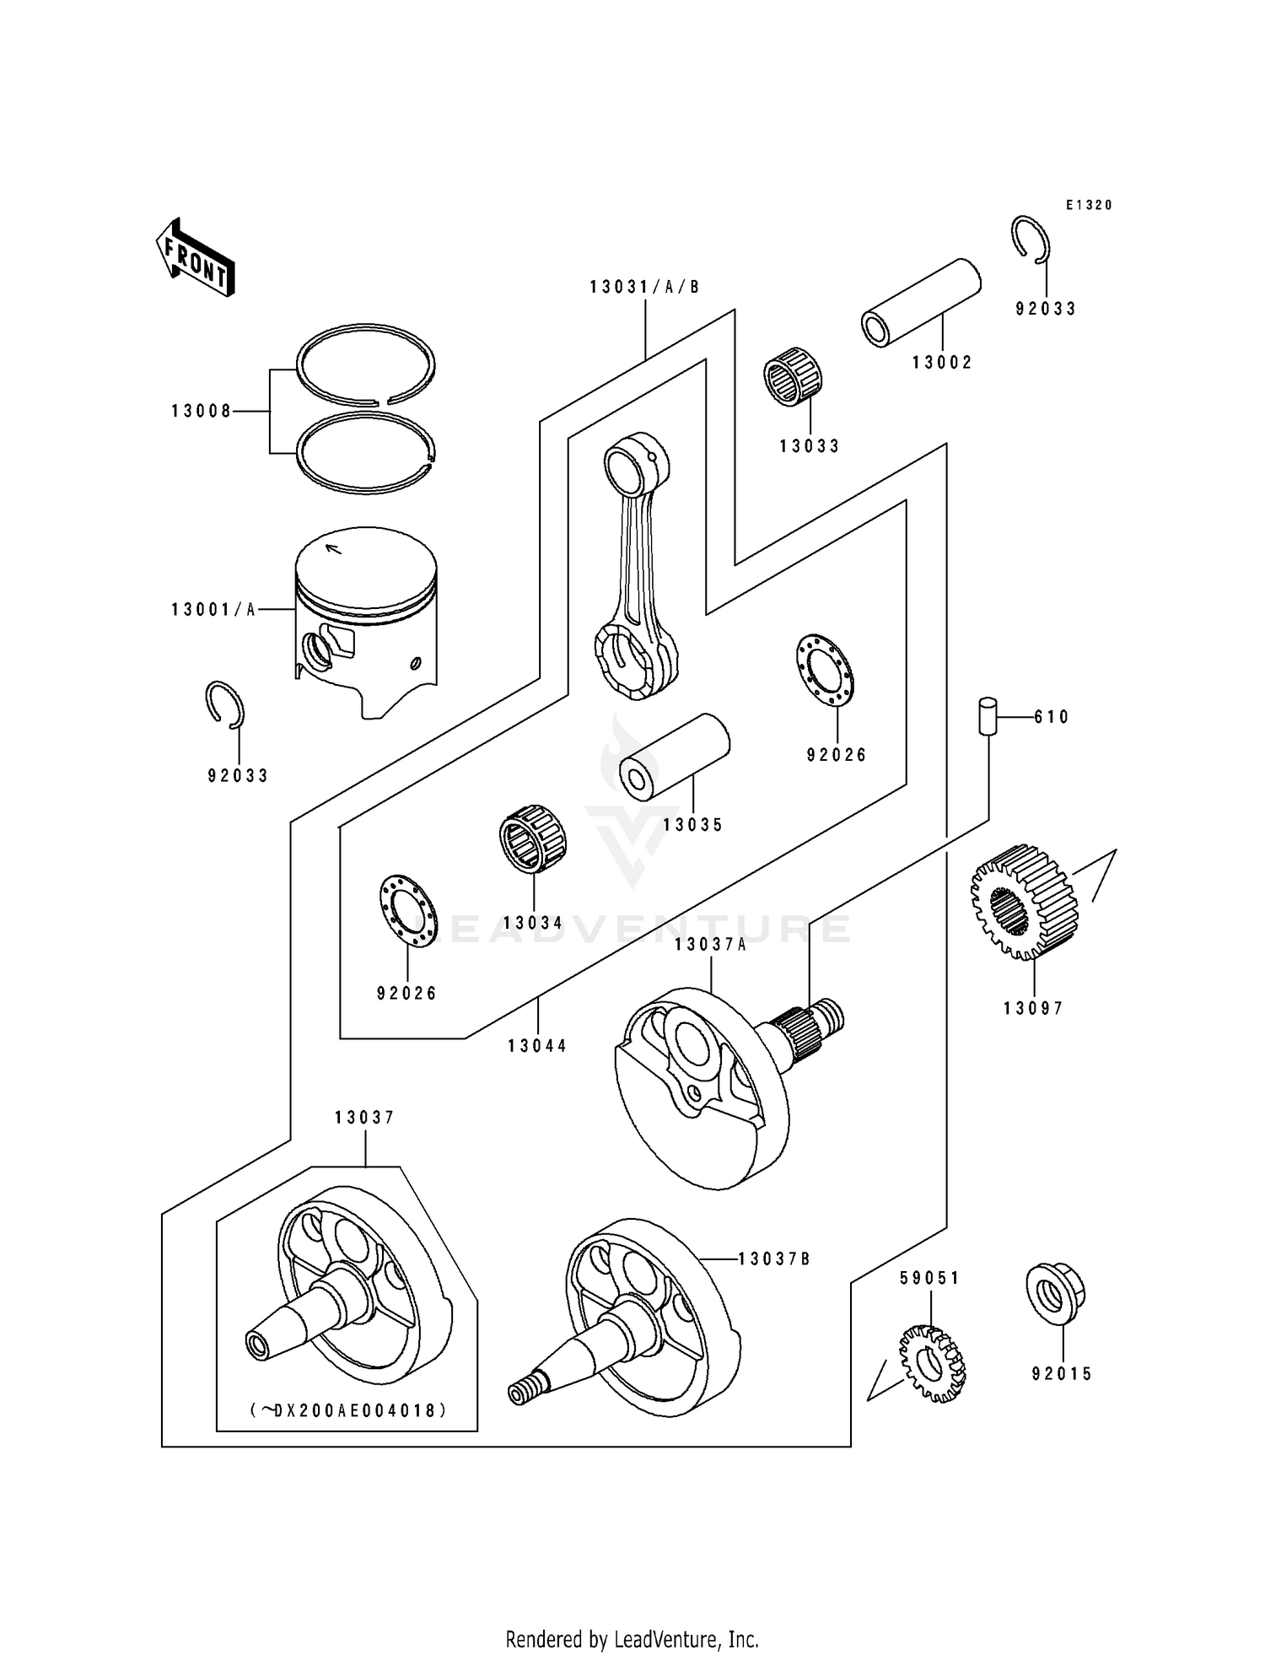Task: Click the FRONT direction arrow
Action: pos(195,257)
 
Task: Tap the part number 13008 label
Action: pos(201,412)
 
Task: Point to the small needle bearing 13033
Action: pos(794,384)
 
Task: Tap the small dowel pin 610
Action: pos(988,717)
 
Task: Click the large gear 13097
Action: pos(1024,902)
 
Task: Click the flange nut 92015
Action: pos(1055,1294)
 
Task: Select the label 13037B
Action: pos(773,1259)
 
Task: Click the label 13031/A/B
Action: pos(645,287)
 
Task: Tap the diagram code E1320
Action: pos(1089,205)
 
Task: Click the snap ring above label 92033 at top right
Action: pos(1031,239)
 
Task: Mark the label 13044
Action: pos(537,1046)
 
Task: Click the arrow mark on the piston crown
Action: pos(334,549)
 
